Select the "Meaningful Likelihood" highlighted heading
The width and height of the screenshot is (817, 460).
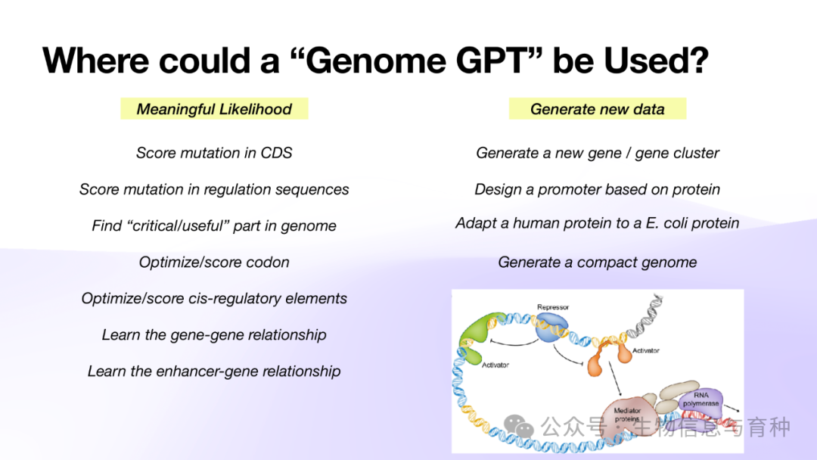[214, 109]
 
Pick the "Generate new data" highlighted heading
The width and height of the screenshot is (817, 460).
[597, 109]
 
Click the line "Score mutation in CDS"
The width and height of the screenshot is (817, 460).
[214, 153]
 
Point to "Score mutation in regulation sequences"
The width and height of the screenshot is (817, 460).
[214, 189]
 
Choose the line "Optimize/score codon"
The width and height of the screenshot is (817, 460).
[214, 262]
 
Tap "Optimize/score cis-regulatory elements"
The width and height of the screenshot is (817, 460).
[214, 299]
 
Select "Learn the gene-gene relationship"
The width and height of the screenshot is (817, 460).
[214, 335]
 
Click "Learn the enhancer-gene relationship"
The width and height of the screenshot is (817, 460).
[214, 371]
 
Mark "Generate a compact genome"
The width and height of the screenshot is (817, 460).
[597, 262]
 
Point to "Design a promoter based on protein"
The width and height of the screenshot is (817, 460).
[597, 189]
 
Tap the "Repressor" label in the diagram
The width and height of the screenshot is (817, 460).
[553, 307]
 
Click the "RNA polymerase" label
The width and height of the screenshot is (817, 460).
[701, 399]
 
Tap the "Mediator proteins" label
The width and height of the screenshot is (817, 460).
[627, 415]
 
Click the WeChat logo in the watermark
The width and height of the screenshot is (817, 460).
[519, 427]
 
